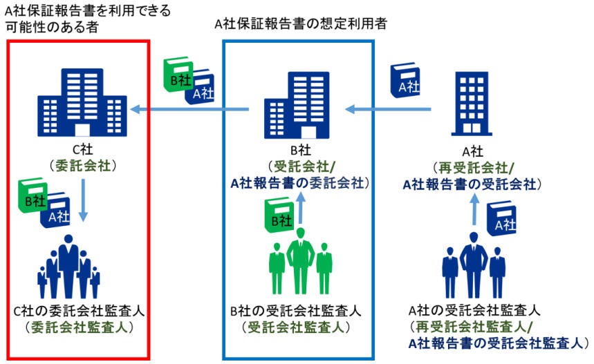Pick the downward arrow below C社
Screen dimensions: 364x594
(x=82, y=200)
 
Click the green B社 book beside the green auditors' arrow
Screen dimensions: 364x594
(x=279, y=215)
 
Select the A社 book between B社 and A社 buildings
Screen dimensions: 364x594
(x=407, y=82)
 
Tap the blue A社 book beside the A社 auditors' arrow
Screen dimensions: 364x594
(x=503, y=219)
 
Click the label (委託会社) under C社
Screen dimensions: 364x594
(x=82, y=166)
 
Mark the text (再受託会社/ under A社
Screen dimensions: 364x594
(x=472, y=168)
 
